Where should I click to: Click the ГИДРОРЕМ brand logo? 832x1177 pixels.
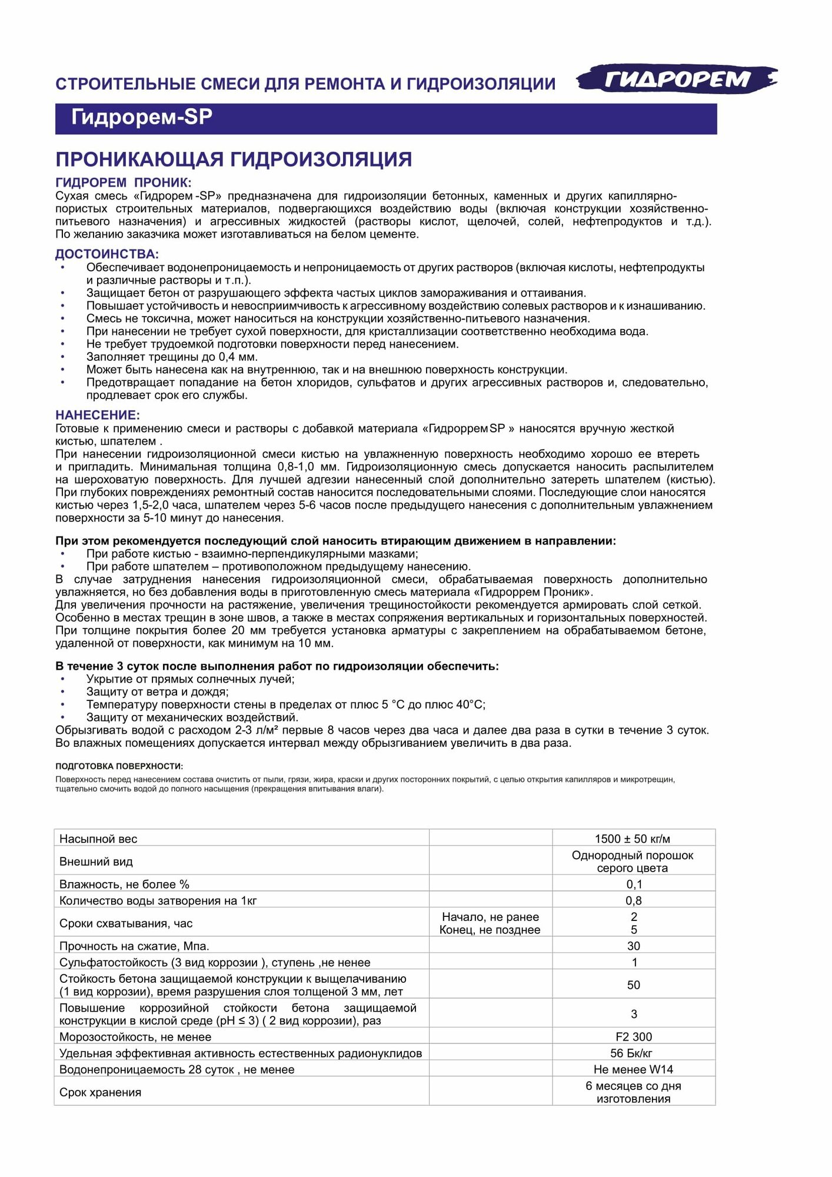(x=677, y=79)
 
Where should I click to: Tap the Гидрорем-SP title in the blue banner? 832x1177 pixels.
(x=141, y=117)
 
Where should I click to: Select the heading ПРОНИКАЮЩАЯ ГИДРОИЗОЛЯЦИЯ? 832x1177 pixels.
(x=234, y=159)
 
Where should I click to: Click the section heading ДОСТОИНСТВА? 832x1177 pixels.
(x=107, y=254)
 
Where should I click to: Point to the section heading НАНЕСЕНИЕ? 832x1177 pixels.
(x=98, y=415)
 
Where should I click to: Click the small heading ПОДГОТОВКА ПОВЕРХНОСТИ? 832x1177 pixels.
(x=119, y=766)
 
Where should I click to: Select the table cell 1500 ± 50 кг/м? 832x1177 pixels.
(x=633, y=839)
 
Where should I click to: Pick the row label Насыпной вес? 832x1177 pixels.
(x=98, y=839)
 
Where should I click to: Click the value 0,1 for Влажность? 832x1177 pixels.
(x=634, y=884)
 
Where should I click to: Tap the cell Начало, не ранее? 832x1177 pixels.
(x=490, y=917)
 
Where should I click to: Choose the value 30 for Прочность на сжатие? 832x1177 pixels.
(x=633, y=946)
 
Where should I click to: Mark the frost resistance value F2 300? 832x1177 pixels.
(x=633, y=1036)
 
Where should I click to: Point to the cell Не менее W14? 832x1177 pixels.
(x=633, y=1069)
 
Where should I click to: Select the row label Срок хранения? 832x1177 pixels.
(x=100, y=1092)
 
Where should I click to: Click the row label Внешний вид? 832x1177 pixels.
(x=96, y=862)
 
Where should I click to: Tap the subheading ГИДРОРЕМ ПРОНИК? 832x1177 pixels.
(x=124, y=182)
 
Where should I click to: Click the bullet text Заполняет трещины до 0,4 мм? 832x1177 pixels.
(x=172, y=357)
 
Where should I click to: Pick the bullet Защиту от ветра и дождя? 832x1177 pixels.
(x=158, y=691)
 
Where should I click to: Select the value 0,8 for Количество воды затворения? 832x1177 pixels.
(x=633, y=900)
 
